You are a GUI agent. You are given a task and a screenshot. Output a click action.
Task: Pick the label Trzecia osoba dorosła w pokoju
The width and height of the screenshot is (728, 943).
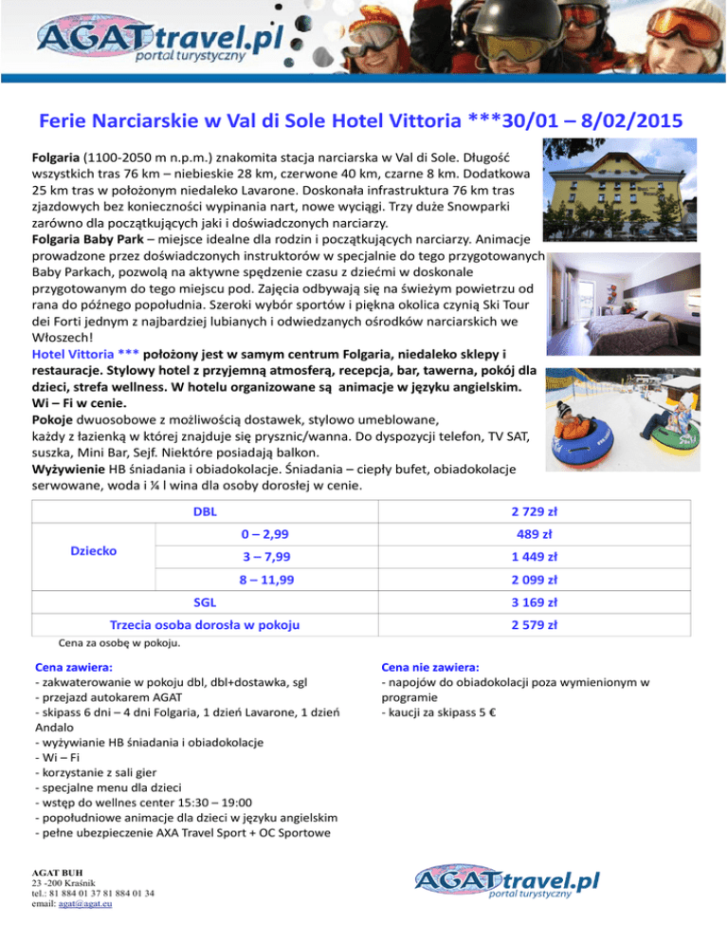[206, 625]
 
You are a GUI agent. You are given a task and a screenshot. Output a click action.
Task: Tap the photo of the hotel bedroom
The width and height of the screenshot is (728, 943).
[620, 290]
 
